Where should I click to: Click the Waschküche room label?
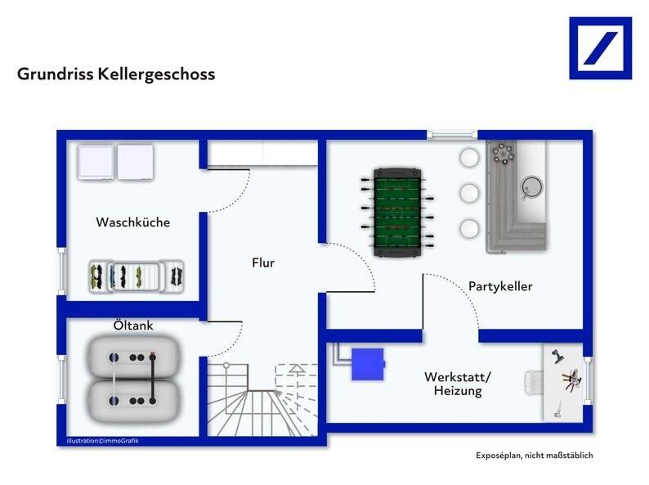point(132,222)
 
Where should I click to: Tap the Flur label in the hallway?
point(262,263)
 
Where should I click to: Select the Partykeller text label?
point(500,286)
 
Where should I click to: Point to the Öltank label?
point(132,326)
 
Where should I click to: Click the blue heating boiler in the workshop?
point(367,364)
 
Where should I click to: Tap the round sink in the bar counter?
point(532,186)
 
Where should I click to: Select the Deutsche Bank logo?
point(600,48)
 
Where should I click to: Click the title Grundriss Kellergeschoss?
point(116,74)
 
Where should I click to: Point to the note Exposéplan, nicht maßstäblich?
point(534,456)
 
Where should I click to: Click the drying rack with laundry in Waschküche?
point(135,276)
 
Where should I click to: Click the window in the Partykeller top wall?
point(452,134)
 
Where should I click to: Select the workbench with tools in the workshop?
point(564,382)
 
